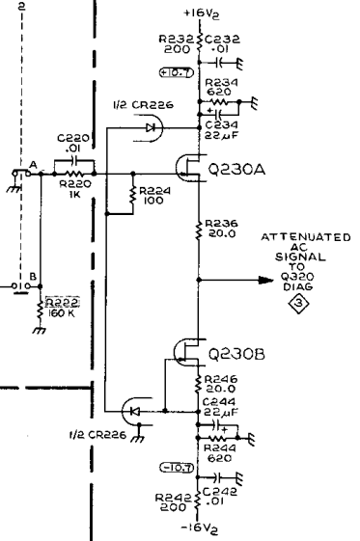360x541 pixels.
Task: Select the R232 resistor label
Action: (179, 39)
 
